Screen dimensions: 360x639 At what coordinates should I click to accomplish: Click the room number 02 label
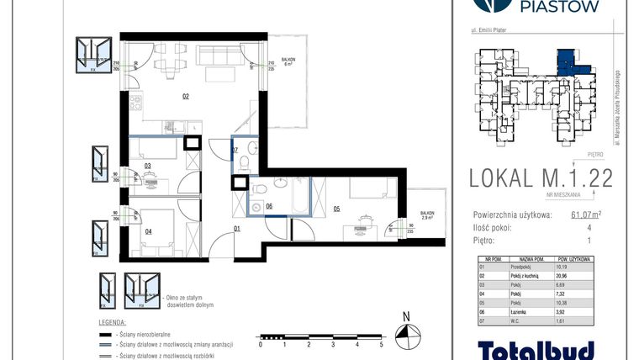[x=185, y=97]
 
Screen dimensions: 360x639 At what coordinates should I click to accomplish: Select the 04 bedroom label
[x=149, y=230]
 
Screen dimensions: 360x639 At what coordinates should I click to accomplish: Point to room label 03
[x=147, y=166]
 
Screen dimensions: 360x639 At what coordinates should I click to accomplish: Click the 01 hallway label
[x=237, y=228]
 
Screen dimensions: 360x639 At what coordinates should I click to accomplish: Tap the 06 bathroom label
[x=269, y=205]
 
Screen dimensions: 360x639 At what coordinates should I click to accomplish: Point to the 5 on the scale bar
[x=381, y=345]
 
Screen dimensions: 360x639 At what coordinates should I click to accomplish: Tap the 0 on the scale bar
[x=261, y=345]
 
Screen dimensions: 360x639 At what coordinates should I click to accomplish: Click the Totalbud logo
[x=536, y=349]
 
